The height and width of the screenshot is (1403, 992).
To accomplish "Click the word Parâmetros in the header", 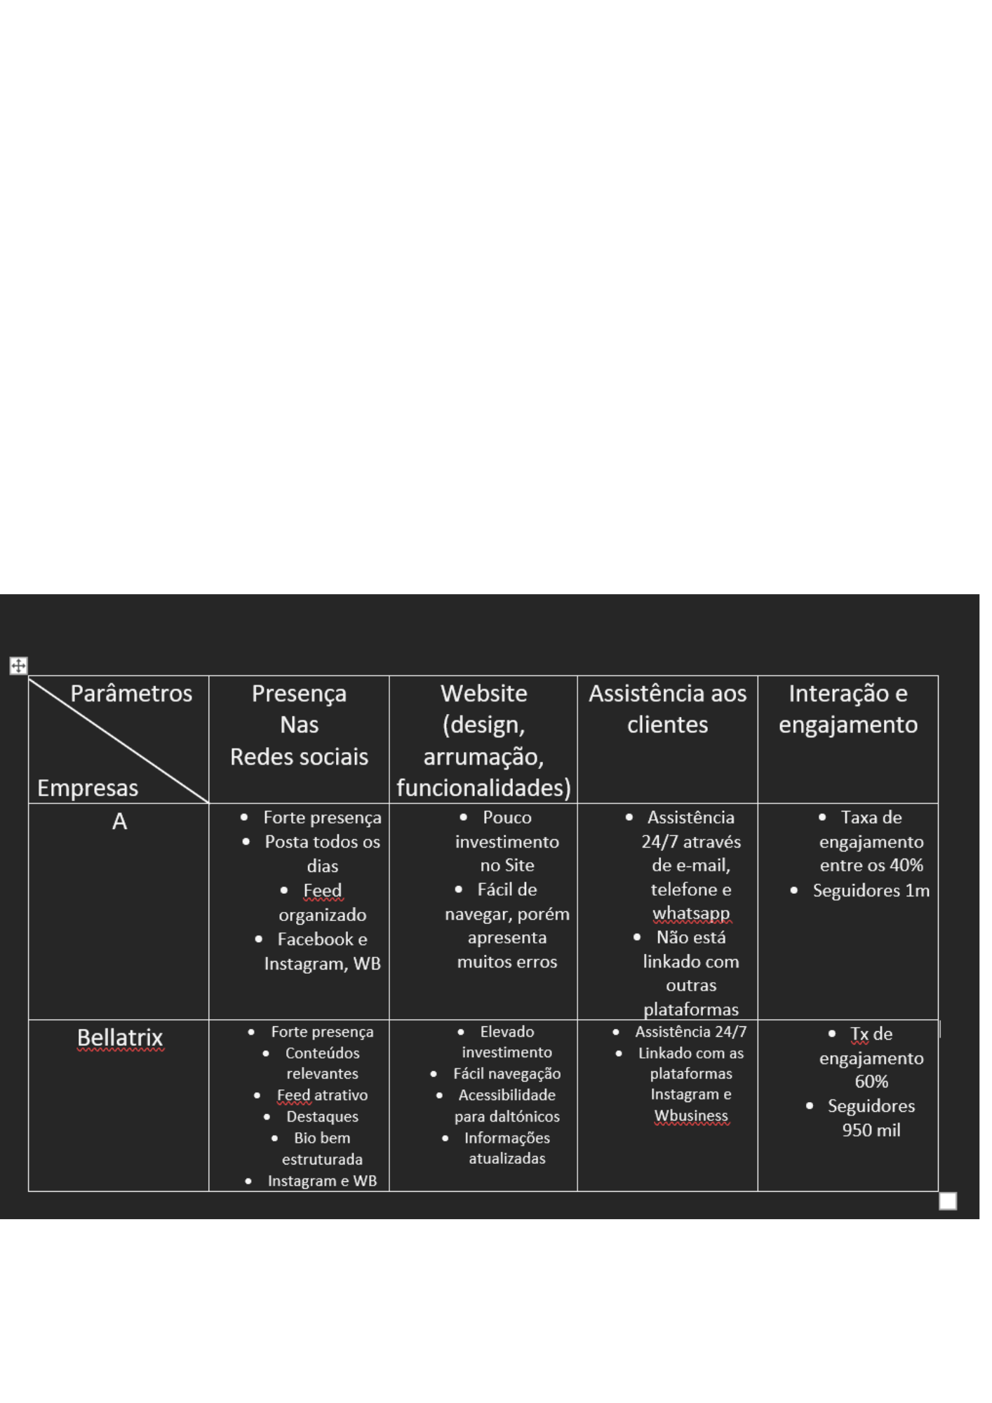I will (131, 694).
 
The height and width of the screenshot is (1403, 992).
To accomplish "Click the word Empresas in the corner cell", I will (88, 788).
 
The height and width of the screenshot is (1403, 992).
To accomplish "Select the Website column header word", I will (483, 694).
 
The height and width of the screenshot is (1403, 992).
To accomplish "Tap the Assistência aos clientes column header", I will (667, 709).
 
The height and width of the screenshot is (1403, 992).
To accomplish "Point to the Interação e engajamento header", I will (847, 709).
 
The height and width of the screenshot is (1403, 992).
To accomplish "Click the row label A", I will (119, 821).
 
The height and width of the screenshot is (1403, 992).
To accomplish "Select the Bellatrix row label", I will (120, 1038).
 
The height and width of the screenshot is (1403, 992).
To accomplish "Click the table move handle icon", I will (18, 666).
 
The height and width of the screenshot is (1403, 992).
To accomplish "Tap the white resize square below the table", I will (948, 1202).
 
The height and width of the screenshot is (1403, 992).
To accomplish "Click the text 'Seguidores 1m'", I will (871, 891).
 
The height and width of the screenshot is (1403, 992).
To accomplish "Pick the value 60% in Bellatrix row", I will (871, 1082).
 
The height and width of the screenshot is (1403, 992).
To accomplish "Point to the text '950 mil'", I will (871, 1130).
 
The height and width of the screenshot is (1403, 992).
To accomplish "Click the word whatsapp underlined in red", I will (691, 913).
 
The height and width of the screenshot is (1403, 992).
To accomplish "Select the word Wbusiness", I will (691, 1115).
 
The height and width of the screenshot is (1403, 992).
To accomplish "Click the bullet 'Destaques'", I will (322, 1116).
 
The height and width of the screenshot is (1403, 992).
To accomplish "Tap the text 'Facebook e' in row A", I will (322, 939).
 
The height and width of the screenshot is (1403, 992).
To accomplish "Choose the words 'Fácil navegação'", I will (507, 1073).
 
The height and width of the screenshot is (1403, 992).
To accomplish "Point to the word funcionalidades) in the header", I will (483, 788).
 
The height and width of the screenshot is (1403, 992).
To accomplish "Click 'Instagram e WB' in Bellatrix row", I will (322, 1181).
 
